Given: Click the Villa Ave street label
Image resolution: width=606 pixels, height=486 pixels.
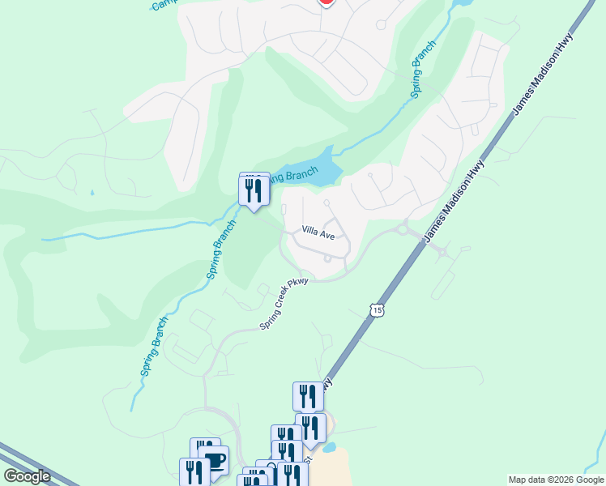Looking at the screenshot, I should [x=318, y=233].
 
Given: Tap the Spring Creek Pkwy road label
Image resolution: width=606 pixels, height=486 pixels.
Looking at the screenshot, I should [x=286, y=304].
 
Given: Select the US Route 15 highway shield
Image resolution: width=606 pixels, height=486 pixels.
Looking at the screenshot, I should [x=377, y=309].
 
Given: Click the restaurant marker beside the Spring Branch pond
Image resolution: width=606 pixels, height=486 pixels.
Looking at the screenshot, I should [x=254, y=191].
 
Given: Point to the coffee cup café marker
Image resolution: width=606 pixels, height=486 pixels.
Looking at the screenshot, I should [x=215, y=462].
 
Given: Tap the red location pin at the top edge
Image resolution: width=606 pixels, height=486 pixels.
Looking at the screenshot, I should [x=326, y=2].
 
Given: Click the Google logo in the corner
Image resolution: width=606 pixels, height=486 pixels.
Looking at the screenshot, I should [x=27, y=475].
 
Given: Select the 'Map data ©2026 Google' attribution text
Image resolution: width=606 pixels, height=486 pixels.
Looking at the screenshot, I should [x=555, y=480].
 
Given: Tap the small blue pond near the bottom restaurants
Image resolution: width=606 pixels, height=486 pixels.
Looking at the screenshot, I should [x=328, y=447].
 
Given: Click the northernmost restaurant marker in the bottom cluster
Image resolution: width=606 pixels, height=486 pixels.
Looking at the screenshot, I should [x=308, y=397].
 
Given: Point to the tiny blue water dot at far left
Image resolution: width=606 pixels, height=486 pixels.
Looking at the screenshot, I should [x=92, y=193].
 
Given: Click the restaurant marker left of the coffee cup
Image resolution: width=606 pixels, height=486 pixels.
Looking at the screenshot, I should [x=194, y=472].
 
